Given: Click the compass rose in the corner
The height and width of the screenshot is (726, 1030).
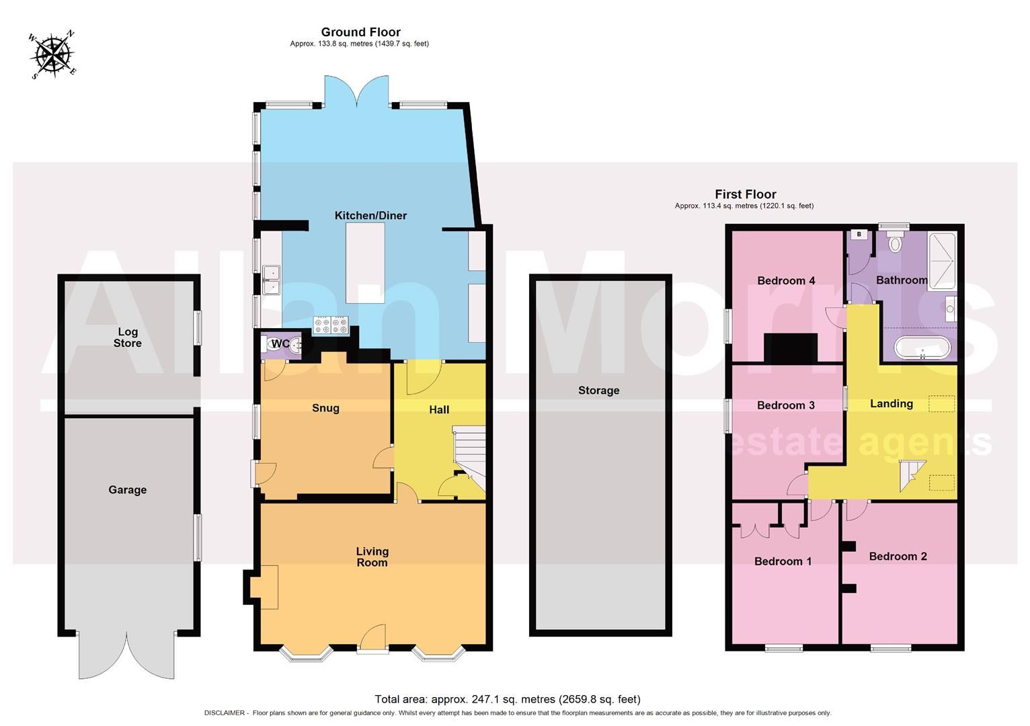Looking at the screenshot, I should click(52, 54).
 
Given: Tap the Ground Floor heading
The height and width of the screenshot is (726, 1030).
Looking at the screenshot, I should click(360, 32).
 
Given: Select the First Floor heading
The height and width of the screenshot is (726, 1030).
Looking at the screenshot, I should click(745, 194).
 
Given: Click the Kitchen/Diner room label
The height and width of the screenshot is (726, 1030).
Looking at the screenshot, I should click(370, 216).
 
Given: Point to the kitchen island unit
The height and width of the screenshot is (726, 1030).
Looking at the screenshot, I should click(365, 264).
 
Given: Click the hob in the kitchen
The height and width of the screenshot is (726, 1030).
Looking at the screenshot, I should click(331, 326).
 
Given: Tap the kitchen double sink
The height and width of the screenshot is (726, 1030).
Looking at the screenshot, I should click(272, 280).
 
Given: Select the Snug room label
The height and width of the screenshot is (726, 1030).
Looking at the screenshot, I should click(325, 408).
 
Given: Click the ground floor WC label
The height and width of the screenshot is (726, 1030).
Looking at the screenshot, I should click(280, 344).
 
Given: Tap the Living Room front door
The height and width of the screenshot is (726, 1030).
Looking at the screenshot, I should click(372, 639).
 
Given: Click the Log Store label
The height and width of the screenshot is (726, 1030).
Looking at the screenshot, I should click(128, 337).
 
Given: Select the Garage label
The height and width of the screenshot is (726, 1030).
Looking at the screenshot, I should click(128, 490).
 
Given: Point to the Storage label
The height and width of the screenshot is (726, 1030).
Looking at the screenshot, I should click(598, 391).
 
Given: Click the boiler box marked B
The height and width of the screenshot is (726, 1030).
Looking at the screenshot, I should click(859, 235).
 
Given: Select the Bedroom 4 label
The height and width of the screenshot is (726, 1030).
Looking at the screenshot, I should click(786, 280).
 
